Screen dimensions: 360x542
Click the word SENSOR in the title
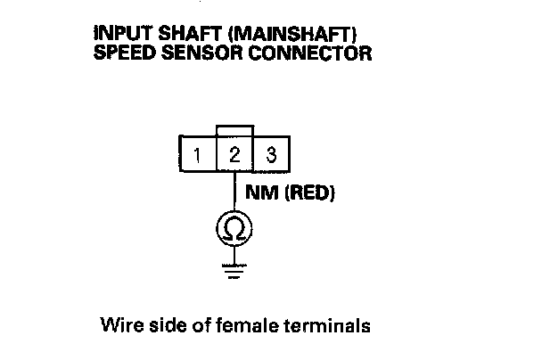pyautogui.click(x=188, y=53)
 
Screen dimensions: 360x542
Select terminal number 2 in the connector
pyautogui.click(x=234, y=154)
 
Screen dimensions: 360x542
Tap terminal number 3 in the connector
pyautogui.click(x=270, y=154)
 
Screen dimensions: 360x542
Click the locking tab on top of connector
pyautogui.click(x=234, y=130)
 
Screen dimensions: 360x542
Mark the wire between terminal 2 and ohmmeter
pyautogui.click(x=234, y=192)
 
